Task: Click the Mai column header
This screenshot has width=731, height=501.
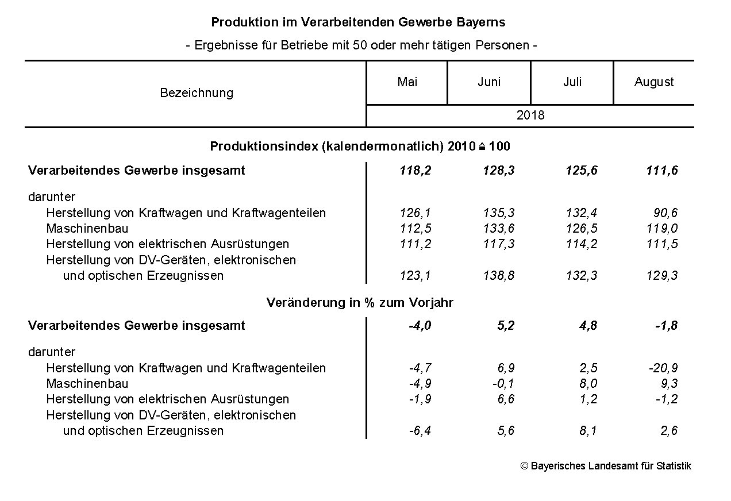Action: point(407,82)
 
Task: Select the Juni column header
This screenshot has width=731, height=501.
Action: point(489,82)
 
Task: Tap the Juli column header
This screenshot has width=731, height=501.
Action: point(572,82)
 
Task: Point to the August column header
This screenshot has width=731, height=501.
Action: point(654,82)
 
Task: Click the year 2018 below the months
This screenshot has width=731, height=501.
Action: point(530,115)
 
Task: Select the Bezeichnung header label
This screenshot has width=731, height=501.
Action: point(197,93)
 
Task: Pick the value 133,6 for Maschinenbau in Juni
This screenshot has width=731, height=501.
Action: point(499,229)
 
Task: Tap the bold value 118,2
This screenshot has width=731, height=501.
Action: point(415,171)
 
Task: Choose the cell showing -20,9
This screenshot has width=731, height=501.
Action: point(663,368)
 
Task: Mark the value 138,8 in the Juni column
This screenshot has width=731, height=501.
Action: point(499,276)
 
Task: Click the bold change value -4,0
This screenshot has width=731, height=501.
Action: point(420,326)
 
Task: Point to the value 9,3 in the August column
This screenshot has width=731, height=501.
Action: point(669,384)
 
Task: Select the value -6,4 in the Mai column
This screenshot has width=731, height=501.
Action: point(420,431)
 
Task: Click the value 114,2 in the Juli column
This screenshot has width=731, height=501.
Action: point(582,244)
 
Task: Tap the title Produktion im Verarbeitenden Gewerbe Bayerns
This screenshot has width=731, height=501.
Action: point(358,22)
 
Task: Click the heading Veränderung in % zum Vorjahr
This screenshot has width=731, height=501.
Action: point(360,303)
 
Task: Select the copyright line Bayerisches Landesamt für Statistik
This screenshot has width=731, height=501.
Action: point(606,466)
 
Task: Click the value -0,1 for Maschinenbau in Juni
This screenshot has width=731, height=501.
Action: point(503,384)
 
